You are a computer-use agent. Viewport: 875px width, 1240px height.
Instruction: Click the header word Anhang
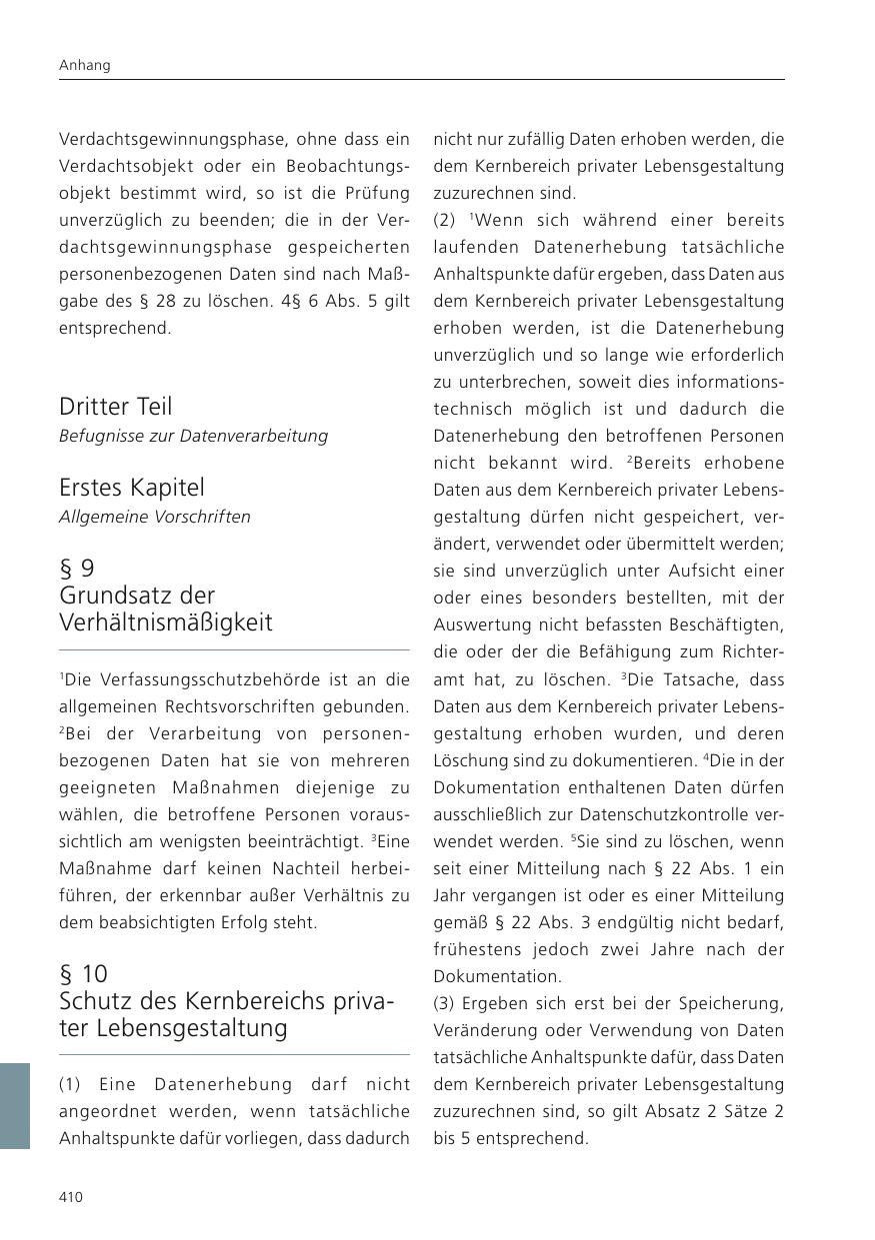tap(85, 65)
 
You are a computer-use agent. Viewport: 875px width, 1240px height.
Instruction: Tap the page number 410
tap(71, 1197)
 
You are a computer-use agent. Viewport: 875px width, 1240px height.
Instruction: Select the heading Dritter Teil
tap(115, 407)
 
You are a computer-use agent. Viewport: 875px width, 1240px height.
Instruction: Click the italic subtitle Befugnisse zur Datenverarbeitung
tap(193, 436)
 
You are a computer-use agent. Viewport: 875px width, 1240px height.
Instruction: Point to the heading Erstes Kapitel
tap(131, 488)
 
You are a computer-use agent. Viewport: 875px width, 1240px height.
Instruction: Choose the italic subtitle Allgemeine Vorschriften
tap(155, 517)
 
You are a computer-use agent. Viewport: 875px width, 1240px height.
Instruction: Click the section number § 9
tap(77, 569)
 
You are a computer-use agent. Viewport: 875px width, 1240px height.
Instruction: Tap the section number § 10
tap(83, 973)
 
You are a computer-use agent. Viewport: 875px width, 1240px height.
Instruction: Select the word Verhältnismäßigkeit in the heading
tap(166, 622)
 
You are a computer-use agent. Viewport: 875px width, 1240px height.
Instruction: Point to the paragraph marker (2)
tap(444, 220)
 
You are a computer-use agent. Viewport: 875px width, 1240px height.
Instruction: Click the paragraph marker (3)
tap(444, 1003)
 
